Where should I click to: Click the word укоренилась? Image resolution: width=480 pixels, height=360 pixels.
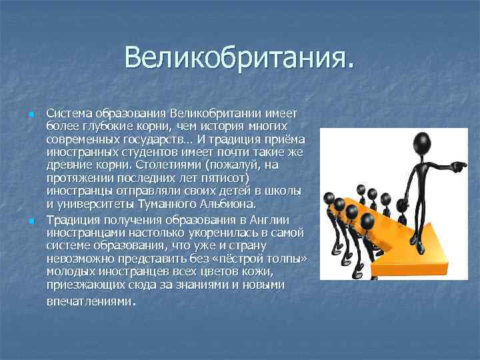[193, 231]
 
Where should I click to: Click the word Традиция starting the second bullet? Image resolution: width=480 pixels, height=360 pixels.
[75, 219]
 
